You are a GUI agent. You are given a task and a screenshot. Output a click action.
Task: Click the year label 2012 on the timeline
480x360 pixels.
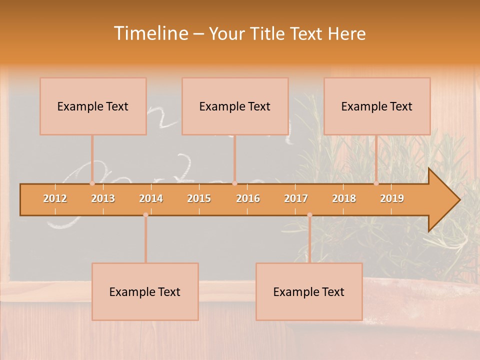pyautogui.click(x=55, y=198)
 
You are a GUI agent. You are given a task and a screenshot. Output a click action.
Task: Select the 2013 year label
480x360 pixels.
pyautogui.click(x=103, y=198)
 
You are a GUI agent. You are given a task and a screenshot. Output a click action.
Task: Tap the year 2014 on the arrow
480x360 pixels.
pyautogui.click(x=151, y=198)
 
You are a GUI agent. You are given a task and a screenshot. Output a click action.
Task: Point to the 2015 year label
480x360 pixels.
pyautogui.click(x=199, y=198)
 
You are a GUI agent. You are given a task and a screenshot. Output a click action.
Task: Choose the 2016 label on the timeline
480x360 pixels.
pyautogui.click(x=248, y=198)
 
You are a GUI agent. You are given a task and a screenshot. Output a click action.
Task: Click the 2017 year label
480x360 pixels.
pyautogui.click(x=296, y=198)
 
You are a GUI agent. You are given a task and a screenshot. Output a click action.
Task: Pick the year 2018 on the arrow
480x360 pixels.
pyautogui.click(x=344, y=198)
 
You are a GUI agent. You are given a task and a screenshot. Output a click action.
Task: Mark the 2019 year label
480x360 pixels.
pyautogui.click(x=392, y=198)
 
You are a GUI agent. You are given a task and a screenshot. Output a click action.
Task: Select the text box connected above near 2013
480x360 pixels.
pyautogui.click(x=93, y=106)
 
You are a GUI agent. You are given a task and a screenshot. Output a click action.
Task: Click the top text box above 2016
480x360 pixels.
pyautogui.click(x=235, y=106)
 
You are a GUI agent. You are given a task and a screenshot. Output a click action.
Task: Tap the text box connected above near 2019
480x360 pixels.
pyautogui.click(x=377, y=106)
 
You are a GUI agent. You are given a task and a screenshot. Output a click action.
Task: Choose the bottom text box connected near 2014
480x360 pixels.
pyautogui.click(x=145, y=291)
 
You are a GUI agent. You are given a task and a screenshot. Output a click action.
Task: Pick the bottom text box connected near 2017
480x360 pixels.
pyautogui.click(x=309, y=291)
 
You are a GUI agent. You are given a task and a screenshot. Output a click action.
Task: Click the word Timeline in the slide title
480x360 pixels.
pyautogui.click(x=150, y=33)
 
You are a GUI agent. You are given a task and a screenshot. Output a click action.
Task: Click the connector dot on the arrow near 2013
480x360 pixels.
pyautogui.click(x=92, y=183)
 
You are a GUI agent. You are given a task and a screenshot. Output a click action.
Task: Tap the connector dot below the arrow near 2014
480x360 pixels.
pyautogui.click(x=145, y=215)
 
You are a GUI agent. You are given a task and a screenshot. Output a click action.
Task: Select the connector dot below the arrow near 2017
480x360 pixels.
pyautogui.click(x=309, y=215)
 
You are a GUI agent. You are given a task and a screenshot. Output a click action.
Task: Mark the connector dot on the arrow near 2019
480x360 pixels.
pyautogui.click(x=376, y=183)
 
